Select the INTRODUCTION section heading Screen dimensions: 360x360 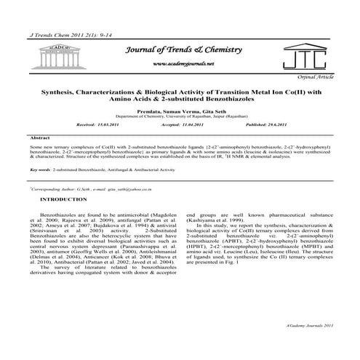[65, 199]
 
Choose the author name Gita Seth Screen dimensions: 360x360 [209, 110]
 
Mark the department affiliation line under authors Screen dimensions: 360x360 [180, 116]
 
